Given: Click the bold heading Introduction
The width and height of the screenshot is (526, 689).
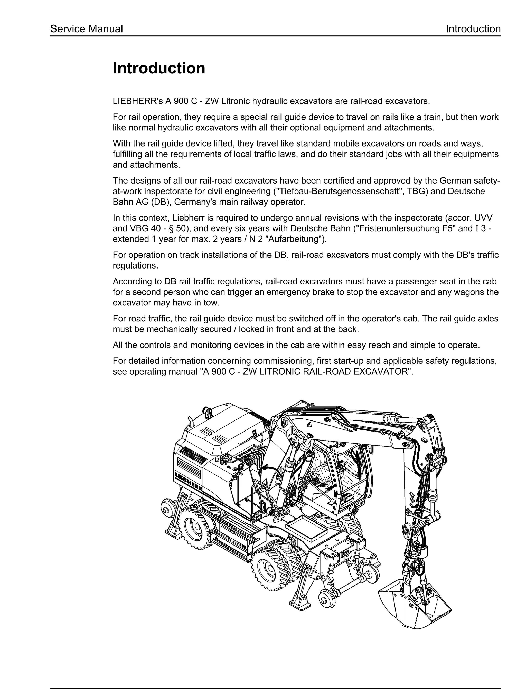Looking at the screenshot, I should pos(159,68).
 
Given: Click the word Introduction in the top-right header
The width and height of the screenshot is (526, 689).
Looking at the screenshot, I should pos(473,29).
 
